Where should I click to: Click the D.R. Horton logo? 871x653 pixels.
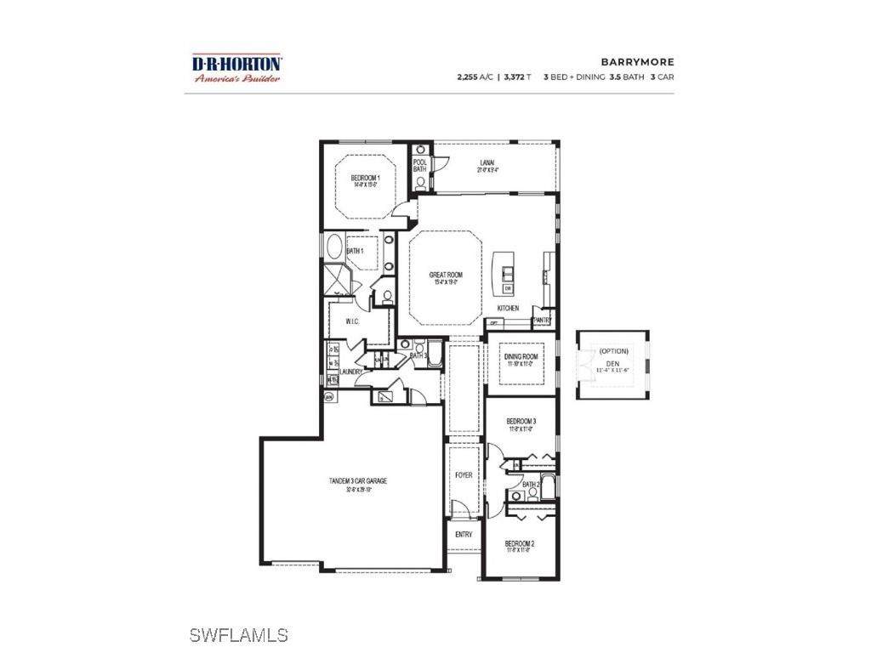(236, 68)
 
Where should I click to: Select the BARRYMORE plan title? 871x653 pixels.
(637, 62)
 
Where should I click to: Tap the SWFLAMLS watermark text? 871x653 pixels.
(238, 635)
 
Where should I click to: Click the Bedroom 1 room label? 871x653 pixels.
(365, 179)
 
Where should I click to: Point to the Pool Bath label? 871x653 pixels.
(419, 165)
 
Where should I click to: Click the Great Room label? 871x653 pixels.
(445, 275)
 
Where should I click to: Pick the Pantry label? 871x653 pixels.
(542, 321)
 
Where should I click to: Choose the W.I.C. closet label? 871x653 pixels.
(354, 321)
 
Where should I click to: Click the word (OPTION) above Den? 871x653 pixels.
(613, 351)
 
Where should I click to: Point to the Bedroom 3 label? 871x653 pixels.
(520, 422)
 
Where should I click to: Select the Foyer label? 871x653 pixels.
(464, 475)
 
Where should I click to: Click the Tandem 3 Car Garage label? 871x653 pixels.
(358, 481)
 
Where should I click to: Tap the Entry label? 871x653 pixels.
(464, 535)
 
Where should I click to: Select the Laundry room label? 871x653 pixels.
(351, 372)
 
